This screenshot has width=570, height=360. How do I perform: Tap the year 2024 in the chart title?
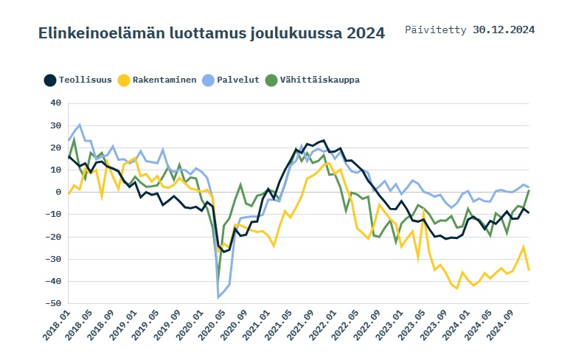[x=364, y=33]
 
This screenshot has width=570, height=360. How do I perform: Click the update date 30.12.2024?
[x=504, y=30]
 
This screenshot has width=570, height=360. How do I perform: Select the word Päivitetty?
[x=436, y=30]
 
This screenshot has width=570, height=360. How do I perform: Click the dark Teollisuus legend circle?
[x=50, y=80]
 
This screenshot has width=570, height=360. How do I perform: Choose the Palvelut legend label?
[x=237, y=80]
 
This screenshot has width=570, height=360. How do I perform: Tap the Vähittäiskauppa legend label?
[x=319, y=80]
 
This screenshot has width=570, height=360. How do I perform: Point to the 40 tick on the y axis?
[x=55, y=103]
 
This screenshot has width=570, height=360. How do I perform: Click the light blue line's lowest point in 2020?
[x=218, y=297]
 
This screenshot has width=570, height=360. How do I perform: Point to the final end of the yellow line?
[x=529, y=270]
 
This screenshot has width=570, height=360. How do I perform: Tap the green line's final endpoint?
[x=529, y=190]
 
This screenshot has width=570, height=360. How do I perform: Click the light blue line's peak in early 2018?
[x=80, y=125]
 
